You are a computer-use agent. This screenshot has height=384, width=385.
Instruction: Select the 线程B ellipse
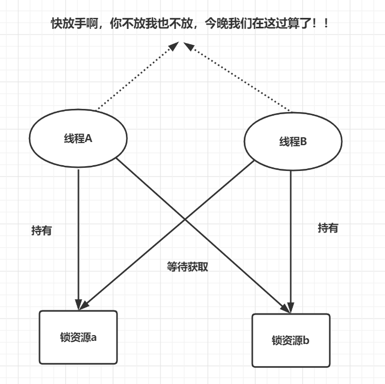[293, 142]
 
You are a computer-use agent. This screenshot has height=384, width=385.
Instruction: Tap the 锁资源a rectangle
[78, 337]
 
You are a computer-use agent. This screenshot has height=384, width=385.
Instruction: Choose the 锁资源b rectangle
[291, 340]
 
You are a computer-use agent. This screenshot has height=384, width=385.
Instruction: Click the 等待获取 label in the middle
[187, 267]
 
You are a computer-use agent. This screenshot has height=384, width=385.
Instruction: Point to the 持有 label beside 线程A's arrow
[42, 230]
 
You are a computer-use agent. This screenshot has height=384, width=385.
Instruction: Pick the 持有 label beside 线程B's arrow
[328, 228]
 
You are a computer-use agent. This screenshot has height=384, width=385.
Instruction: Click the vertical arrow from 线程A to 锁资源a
[78, 237]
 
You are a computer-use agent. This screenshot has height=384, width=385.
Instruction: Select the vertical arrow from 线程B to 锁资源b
[291, 237]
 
